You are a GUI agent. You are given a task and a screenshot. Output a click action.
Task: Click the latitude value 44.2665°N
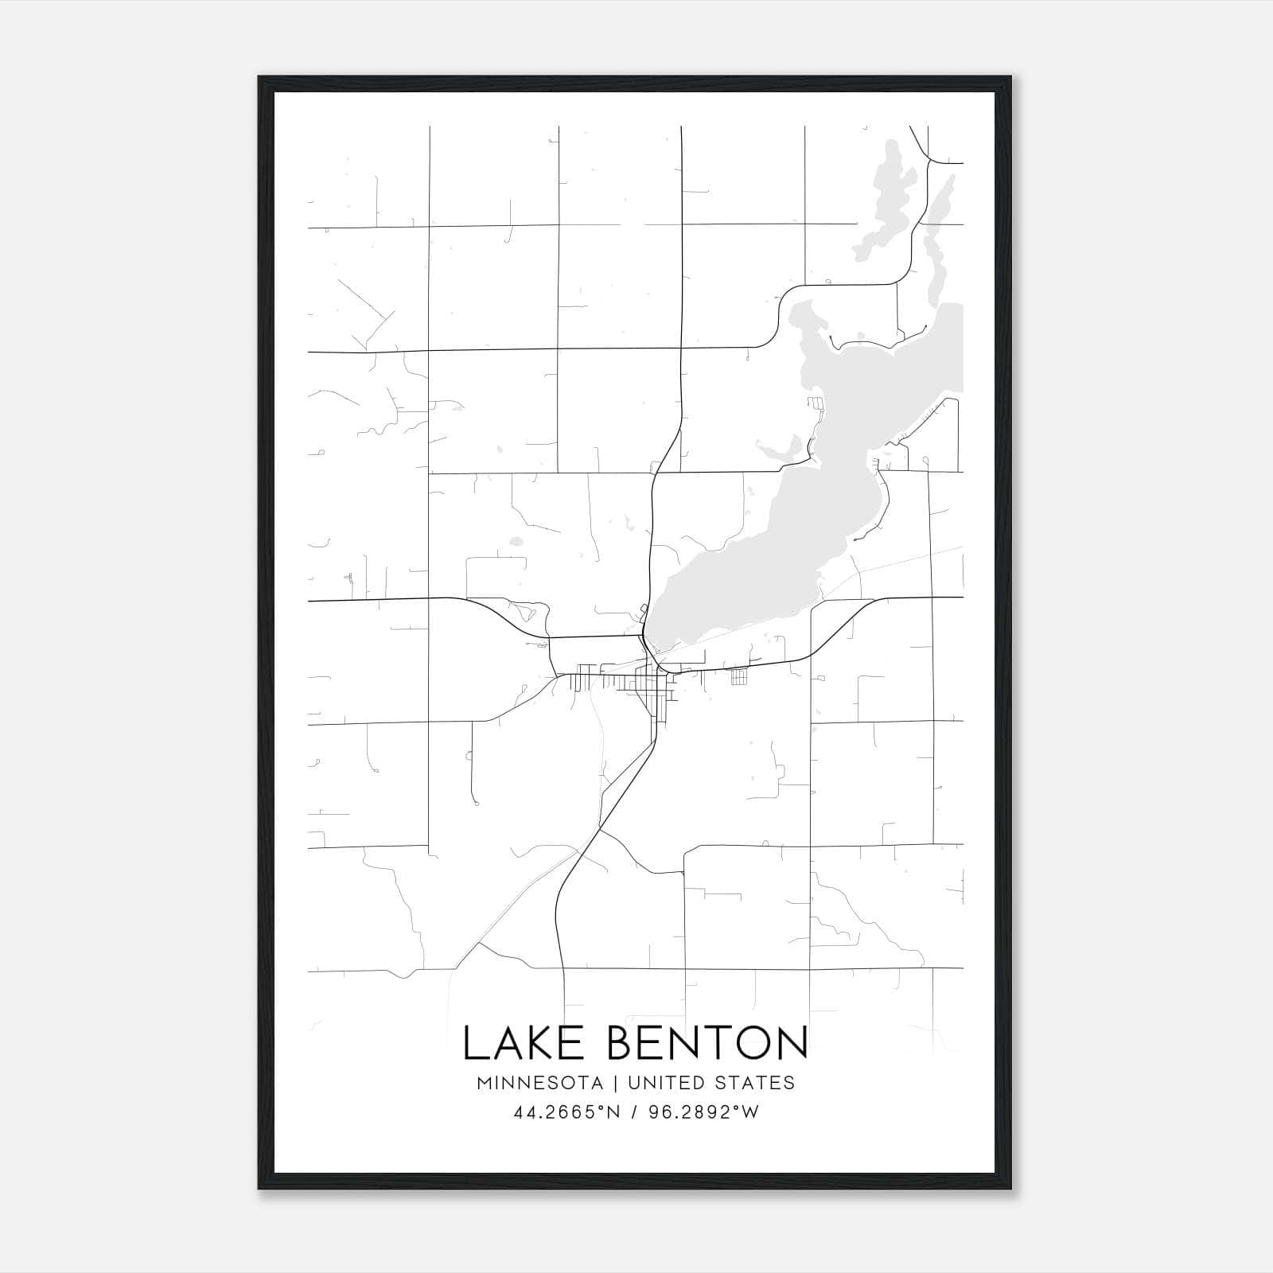566,1112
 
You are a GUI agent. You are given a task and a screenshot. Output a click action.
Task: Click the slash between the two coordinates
633,1112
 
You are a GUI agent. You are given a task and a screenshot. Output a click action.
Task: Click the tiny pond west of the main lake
516,542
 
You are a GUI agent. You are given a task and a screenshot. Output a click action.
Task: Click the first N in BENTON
687,1043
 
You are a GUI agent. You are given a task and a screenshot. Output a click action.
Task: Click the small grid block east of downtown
739,677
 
